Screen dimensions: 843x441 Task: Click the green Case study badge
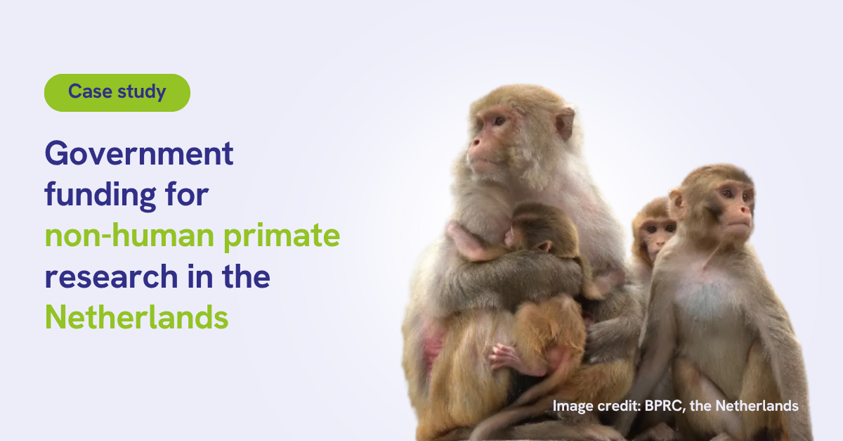pyautogui.click(x=117, y=93)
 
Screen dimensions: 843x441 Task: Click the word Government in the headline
pyautogui.click(x=139, y=153)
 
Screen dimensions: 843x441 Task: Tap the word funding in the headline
pyautogui.click(x=100, y=196)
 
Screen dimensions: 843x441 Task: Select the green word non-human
pyautogui.click(x=129, y=236)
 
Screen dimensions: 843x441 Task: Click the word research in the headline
pyautogui.click(x=112, y=276)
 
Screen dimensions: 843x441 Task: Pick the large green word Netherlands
pyautogui.click(x=136, y=317)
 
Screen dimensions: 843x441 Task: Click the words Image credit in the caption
pyautogui.click(x=596, y=406)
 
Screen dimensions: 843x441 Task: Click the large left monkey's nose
pyautogui.click(x=475, y=143)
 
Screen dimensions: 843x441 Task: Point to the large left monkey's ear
pyautogui.click(x=565, y=123)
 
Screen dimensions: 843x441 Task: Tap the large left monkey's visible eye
pyautogui.click(x=499, y=121)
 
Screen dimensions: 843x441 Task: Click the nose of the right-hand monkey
pyautogui.click(x=745, y=210)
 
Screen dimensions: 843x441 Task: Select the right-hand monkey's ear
pyautogui.click(x=677, y=203)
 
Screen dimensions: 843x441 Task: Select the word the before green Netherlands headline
pyautogui.click(x=246, y=276)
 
